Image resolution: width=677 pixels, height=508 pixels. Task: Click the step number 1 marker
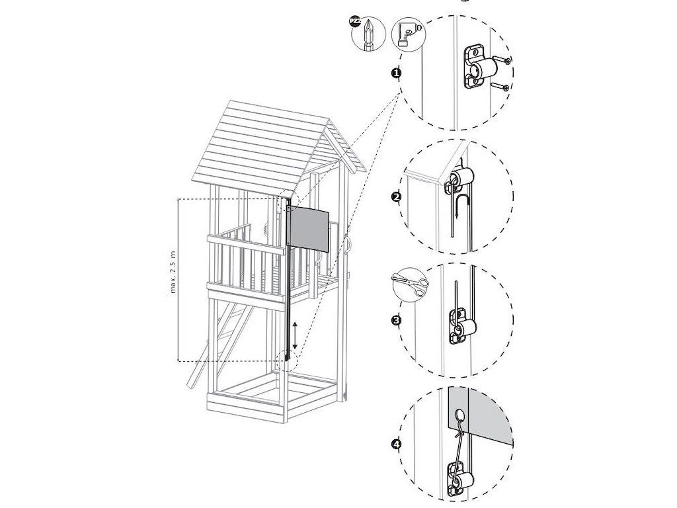(x=396, y=73)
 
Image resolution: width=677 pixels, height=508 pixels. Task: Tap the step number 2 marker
(x=396, y=197)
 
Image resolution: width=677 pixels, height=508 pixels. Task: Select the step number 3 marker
(x=396, y=321)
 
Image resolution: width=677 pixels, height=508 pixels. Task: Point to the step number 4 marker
(x=396, y=444)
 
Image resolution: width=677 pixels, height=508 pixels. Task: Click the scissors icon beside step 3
(x=410, y=285)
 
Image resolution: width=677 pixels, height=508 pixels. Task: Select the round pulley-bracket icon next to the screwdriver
(x=407, y=34)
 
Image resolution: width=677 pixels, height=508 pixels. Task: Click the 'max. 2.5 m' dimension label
(x=173, y=272)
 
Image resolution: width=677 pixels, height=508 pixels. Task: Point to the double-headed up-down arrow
(x=295, y=335)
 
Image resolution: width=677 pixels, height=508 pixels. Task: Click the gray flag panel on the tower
(x=308, y=228)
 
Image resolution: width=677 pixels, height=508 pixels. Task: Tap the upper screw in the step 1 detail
(x=502, y=60)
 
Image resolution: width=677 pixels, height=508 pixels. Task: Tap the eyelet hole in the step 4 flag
(x=461, y=416)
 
